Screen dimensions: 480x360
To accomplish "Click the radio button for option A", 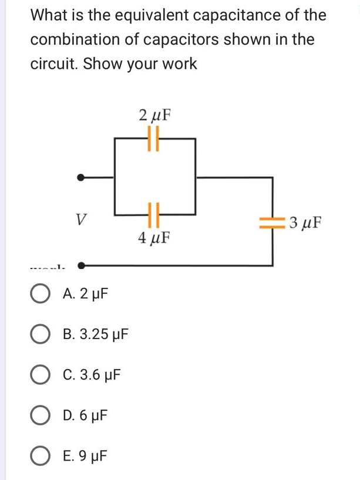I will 41,294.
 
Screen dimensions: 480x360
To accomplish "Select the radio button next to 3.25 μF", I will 41,335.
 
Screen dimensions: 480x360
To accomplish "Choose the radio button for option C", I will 41,375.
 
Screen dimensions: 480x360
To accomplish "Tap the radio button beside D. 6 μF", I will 41,415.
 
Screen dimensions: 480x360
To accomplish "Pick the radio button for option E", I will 41,456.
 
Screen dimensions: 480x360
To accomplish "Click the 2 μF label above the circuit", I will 155,115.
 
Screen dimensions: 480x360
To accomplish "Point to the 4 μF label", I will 154,239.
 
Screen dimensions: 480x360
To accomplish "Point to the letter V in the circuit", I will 82,221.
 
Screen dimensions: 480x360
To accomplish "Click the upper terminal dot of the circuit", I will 82,176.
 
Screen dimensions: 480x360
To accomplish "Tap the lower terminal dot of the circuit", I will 82,266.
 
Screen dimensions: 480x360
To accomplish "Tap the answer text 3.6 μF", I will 99,375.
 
